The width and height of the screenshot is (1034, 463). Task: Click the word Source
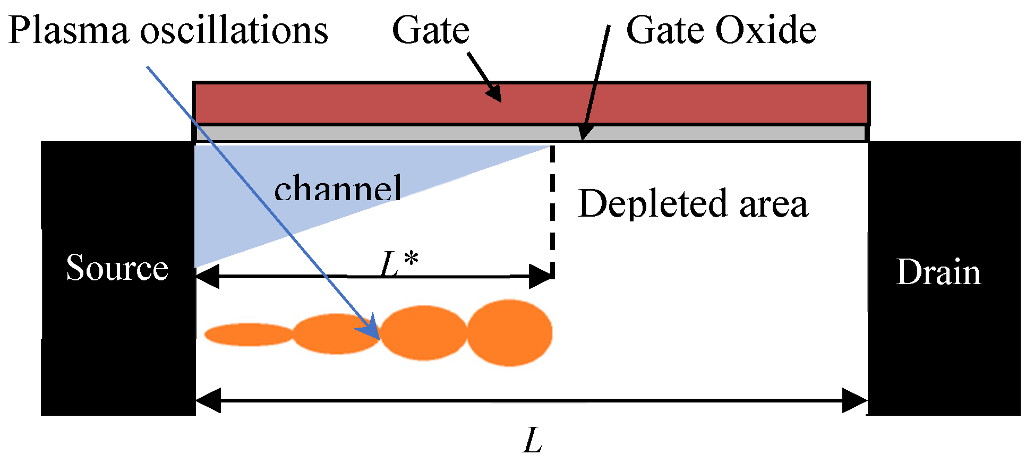tap(117, 268)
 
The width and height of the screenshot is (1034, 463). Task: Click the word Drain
tap(938, 272)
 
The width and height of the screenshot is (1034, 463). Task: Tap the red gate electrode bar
tap(690, 104)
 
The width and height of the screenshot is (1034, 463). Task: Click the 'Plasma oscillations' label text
tap(168, 30)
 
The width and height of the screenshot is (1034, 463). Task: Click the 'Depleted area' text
tap(693, 204)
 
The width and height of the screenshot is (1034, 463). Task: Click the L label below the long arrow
tap(533, 441)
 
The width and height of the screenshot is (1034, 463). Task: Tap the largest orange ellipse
tap(510, 333)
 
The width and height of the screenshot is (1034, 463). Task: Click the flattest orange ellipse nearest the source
tap(249, 335)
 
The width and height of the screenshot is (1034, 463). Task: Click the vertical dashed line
tap(553, 212)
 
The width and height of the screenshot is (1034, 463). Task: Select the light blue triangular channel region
tap(239, 196)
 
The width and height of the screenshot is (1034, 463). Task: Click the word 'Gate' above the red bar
tap(431, 30)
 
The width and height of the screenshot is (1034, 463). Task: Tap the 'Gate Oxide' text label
tap(721, 30)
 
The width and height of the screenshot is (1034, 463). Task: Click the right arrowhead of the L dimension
tap(855, 400)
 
